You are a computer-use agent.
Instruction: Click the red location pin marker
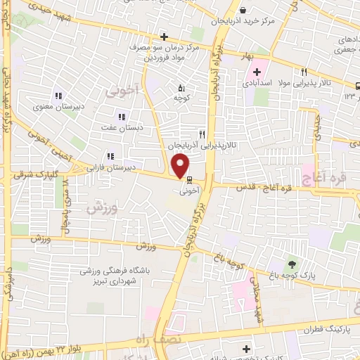click(x=180, y=167)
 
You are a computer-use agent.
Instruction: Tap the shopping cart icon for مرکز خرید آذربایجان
click(x=243, y=11)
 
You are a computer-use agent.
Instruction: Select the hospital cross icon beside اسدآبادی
click(x=257, y=71)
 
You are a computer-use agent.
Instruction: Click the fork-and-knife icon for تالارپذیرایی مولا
click(x=304, y=71)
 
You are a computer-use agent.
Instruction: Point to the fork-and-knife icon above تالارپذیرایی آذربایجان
click(x=202, y=134)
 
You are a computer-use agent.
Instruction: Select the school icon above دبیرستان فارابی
click(x=110, y=156)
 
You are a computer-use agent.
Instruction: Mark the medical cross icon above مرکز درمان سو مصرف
click(x=164, y=37)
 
